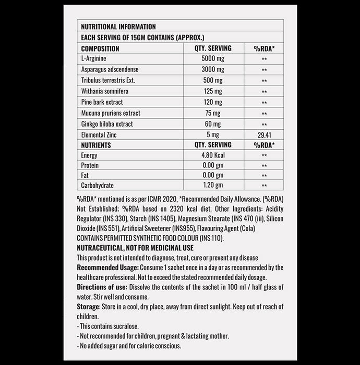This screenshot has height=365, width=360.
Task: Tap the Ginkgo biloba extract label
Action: (107, 124)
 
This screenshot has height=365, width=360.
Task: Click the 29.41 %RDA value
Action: (264, 135)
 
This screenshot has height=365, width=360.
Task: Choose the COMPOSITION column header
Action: (100, 48)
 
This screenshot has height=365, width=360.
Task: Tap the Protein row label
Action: (90, 165)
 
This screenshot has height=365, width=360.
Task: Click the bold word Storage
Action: (87, 307)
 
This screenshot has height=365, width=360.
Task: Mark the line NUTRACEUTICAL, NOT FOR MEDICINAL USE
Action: (135, 248)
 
